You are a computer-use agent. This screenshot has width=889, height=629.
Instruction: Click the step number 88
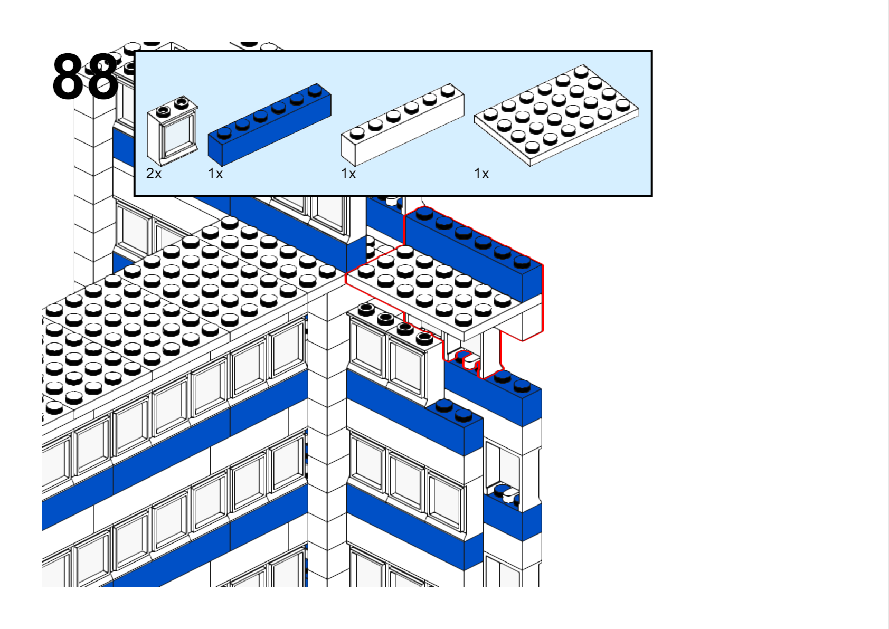[85, 77]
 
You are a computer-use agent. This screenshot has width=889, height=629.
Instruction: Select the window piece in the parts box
[172, 131]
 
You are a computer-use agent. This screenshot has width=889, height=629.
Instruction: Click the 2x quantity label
[154, 174]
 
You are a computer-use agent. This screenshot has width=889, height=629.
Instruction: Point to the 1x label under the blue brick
[215, 174]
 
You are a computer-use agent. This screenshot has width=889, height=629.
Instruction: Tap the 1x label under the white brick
[348, 174]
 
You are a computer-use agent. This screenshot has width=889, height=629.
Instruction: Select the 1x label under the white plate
[481, 174]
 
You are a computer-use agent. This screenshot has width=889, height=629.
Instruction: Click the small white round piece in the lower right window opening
[510, 495]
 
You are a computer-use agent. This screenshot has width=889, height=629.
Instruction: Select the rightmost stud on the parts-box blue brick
[315, 90]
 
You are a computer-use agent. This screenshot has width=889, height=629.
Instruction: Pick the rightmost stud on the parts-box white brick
[448, 90]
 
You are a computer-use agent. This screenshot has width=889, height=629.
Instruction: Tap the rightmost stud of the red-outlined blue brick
[522, 261]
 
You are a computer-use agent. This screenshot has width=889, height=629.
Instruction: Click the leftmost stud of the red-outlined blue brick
[424, 213]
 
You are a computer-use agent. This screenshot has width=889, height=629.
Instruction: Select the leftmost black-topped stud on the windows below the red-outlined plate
[366, 308]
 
